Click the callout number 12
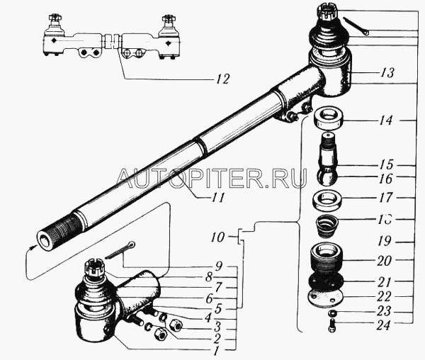222,79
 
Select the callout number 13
386,73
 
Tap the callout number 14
385,121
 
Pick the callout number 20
385,260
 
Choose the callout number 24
385,327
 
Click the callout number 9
219,266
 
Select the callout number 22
385,296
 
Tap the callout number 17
385,198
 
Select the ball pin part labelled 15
329,153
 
